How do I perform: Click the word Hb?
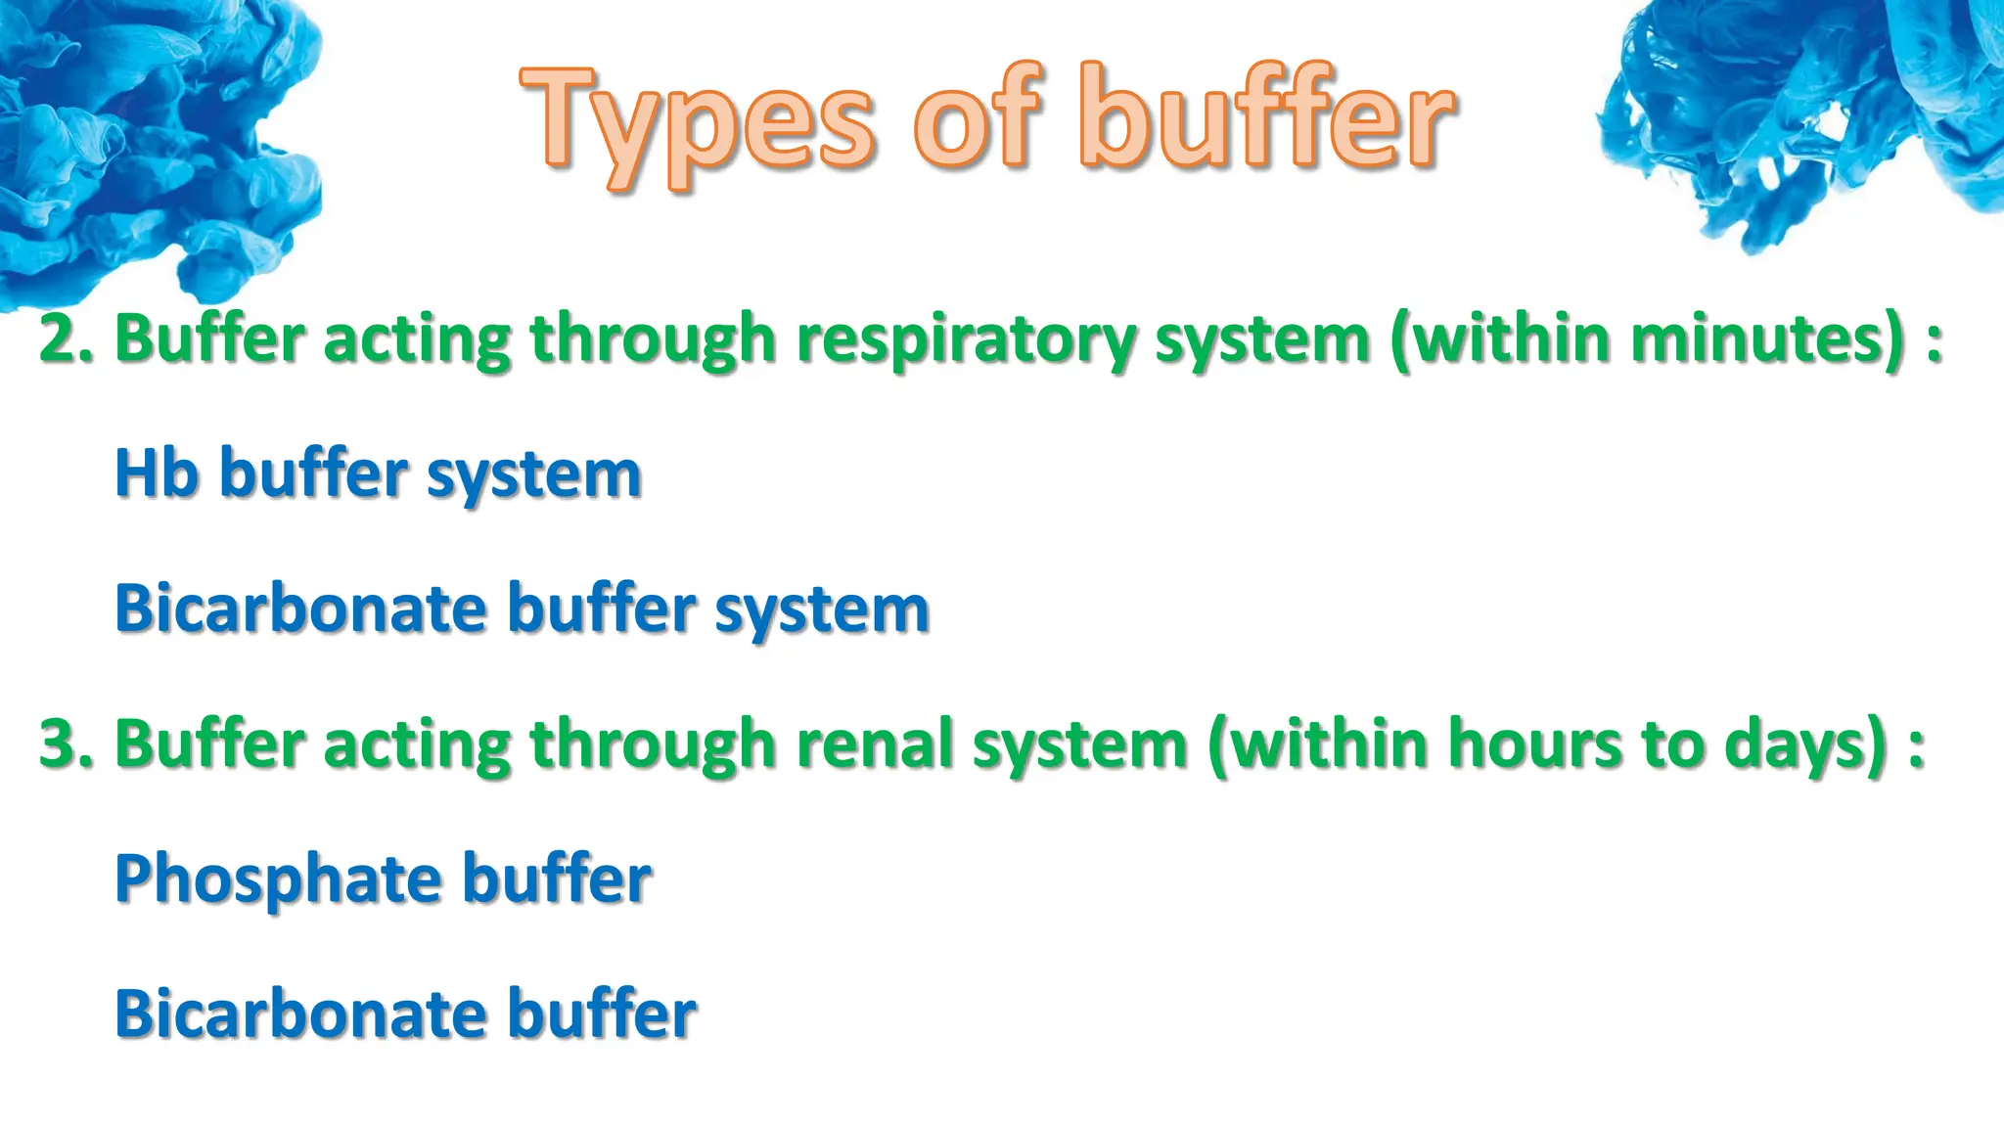(x=157, y=473)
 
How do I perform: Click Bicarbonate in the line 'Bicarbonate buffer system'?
(x=299, y=609)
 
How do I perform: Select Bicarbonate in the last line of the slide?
(x=299, y=1014)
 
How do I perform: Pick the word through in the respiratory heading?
(x=653, y=340)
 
